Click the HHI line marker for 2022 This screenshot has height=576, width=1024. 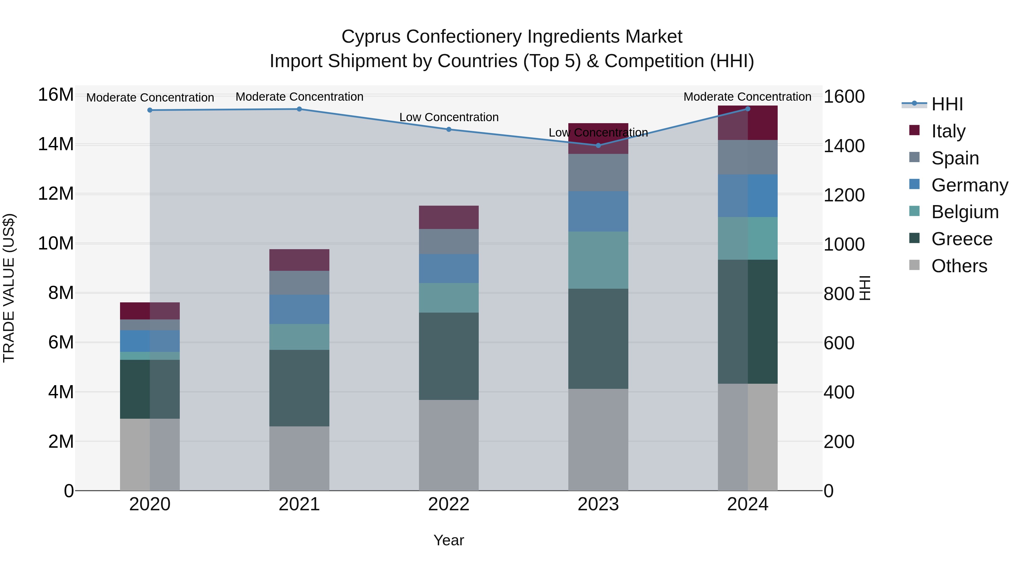click(449, 129)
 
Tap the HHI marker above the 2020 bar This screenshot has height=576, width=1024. click(150, 110)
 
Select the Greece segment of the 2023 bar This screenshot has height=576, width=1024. click(598, 339)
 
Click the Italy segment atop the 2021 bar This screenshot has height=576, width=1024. click(299, 260)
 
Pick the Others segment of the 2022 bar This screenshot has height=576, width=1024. click(449, 445)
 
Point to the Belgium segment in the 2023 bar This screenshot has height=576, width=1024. click(598, 260)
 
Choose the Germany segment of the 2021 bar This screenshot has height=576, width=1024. click(299, 309)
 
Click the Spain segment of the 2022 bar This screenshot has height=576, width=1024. click(449, 241)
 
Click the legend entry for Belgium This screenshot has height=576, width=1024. click(965, 212)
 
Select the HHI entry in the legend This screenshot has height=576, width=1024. click(947, 104)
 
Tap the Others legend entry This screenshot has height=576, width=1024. click(959, 266)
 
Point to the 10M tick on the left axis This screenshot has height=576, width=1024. click(56, 243)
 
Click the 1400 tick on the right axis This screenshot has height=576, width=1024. click(844, 146)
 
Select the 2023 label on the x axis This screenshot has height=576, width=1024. click(598, 504)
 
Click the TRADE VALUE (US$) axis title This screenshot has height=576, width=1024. click(9, 288)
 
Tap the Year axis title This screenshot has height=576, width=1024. click(449, 540)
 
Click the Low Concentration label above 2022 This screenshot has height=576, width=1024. click(449, 117)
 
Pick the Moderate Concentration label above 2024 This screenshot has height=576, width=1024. click(747, 97)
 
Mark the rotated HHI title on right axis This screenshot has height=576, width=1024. click(865, 288)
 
